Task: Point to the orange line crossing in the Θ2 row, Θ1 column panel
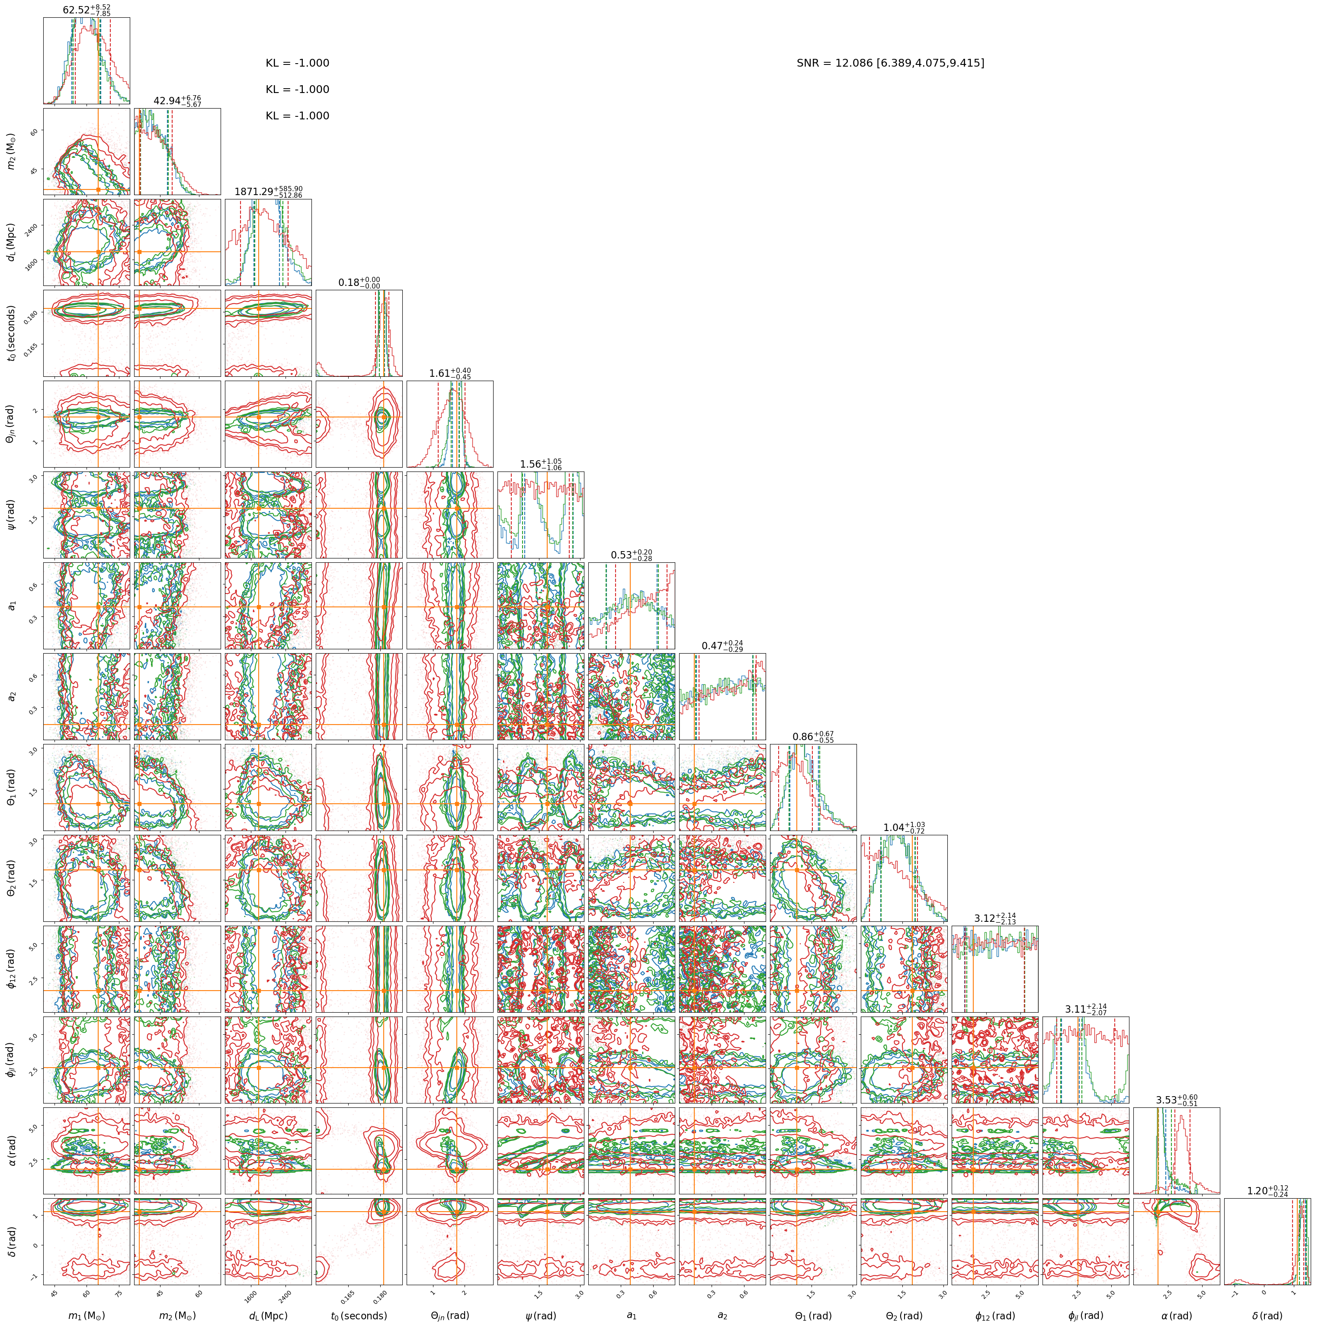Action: click(x=797, y=870)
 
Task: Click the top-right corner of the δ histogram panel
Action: click(x=1310, y=1199)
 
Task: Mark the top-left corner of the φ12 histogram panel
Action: click(x=952, y=926)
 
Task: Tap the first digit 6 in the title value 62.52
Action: click(x=66, y=10)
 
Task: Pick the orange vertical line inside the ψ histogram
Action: click(x=548, y=515)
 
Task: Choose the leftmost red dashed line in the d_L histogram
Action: click(x=241, y=242)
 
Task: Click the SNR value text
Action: click(x=890, y=63)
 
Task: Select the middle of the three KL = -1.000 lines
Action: click(x=298, y=90)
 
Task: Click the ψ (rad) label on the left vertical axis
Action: click(x=12, y=515)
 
